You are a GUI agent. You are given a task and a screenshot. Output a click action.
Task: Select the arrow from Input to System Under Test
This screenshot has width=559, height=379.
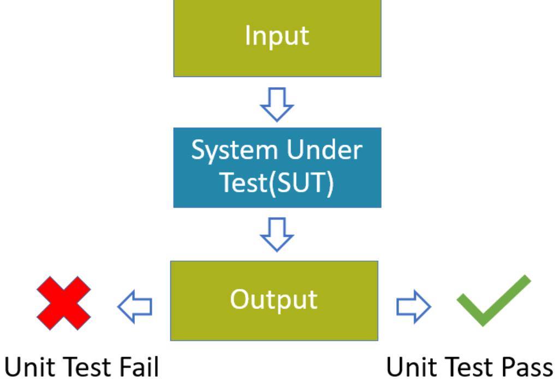tap(277, 104)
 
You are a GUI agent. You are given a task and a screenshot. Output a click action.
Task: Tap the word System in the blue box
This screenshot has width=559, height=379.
tap(234, 151)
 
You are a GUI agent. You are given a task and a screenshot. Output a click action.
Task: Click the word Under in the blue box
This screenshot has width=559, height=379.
tap(324, 150)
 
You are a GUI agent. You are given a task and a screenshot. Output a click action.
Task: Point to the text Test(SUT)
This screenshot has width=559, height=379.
tap(277, 183)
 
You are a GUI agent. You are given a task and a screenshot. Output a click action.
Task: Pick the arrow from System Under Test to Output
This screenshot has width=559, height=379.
tap(277, 234)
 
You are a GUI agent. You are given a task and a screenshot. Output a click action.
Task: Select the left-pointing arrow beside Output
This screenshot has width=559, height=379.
tap(135, 306)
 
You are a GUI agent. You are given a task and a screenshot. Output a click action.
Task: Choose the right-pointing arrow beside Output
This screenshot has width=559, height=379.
tap(414, 306)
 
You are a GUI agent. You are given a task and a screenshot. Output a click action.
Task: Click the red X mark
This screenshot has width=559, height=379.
tap(64, 303)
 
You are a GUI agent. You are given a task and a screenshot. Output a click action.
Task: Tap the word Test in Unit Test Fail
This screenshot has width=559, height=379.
tap(89, 366)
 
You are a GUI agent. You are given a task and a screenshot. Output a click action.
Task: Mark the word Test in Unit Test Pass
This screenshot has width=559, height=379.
tap(471, 366)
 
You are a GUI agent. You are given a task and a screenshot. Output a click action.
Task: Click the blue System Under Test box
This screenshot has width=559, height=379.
tap(277, 168)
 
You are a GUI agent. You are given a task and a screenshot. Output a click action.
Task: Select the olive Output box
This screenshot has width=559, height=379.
tap(274, 301)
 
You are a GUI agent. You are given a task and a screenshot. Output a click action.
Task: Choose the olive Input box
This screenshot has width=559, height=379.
tap(277, 38)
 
